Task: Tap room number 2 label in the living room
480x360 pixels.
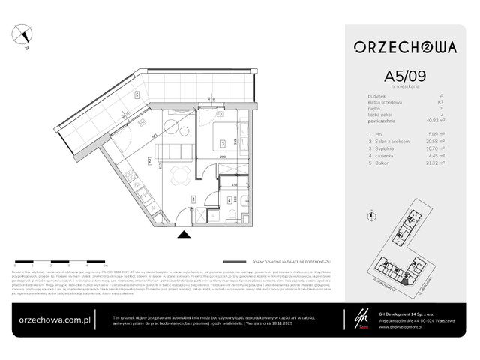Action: pos(150,160)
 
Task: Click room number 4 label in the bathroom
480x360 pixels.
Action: pos(229,200)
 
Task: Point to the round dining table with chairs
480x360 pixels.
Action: pos(176,176)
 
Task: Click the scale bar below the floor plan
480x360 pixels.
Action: pos(60,264)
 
